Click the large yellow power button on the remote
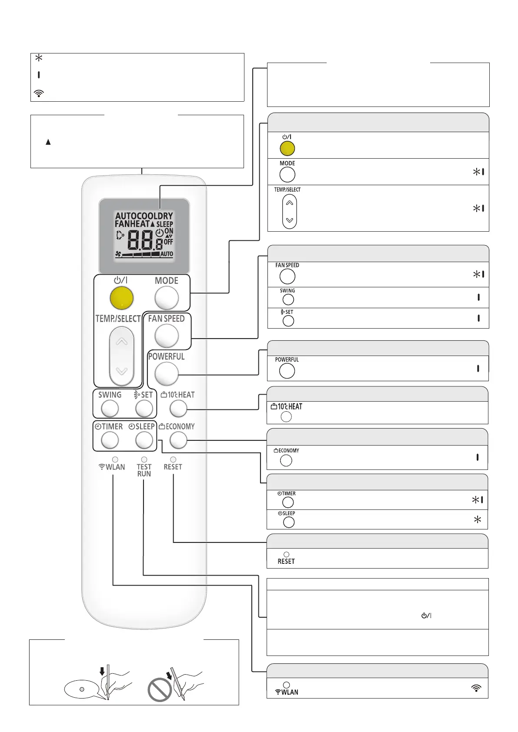121,298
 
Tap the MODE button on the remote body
167,298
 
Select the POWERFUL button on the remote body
167,373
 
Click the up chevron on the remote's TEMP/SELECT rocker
122,342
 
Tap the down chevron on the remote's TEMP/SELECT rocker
122,371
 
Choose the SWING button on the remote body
110,409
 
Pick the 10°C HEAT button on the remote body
178,409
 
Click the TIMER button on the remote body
110,440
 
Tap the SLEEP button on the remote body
144,440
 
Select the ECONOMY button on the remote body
178,440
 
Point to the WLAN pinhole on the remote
115,459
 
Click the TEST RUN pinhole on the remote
144,459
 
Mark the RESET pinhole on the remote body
173,459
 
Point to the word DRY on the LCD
166,216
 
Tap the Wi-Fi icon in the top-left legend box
39,93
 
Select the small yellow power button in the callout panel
287,149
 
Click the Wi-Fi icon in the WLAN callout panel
477,688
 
